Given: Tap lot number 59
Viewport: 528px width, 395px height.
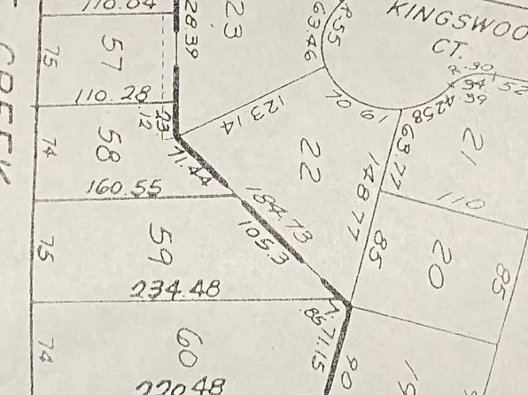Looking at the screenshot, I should [159, 243].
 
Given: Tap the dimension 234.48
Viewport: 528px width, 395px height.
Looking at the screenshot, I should [174, 289].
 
